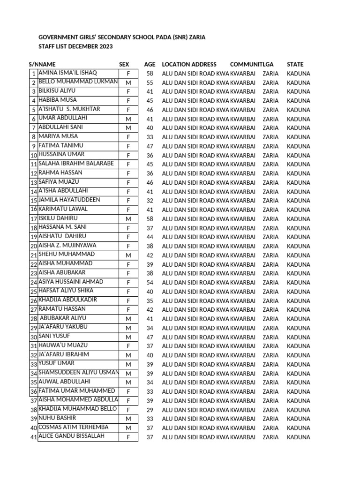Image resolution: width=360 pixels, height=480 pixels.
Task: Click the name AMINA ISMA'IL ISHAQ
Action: [67, 73]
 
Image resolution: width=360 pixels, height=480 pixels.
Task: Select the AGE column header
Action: [150, 64]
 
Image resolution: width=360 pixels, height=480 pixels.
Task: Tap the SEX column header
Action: [124, 64]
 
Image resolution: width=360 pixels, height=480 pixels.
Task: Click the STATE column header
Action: [295, 64]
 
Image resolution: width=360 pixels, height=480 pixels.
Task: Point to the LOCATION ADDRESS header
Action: [189, 64]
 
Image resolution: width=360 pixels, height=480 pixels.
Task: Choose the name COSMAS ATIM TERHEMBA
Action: [73, 427]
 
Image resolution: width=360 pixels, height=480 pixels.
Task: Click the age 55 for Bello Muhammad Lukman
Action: [150, 83]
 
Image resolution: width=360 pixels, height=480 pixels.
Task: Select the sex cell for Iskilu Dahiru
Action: [128, 219]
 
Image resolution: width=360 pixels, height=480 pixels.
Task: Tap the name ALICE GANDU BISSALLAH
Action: [71, 436]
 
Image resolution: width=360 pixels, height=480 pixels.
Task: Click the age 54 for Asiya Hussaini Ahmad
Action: [150, 283]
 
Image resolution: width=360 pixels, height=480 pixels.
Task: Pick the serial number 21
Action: [33, 256]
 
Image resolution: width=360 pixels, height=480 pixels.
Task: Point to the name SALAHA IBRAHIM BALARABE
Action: [76, 164]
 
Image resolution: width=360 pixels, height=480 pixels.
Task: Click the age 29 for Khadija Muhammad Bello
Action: [150, 410]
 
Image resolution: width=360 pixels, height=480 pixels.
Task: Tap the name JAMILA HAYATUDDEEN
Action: [69, 200]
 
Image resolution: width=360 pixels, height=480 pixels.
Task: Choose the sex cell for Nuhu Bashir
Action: [128, 419]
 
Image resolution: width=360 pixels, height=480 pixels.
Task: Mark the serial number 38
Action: [33, 410]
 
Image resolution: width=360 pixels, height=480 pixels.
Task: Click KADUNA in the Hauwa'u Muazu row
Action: [298, 346]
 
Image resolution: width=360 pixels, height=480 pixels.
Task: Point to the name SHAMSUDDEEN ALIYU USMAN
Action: [78, 373]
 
